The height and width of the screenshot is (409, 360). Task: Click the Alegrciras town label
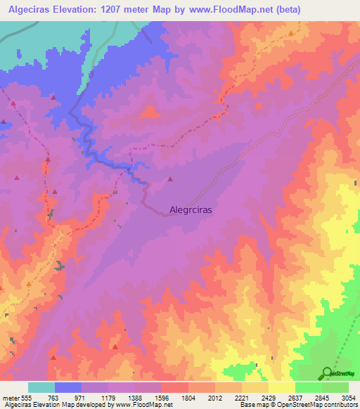[191, 209]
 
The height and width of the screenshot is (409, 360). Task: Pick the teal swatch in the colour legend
[41, 388]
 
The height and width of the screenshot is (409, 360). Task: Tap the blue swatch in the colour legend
[68, 388]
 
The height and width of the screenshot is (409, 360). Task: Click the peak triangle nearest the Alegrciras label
[170, 179]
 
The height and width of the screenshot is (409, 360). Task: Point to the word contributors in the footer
[340, 405]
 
